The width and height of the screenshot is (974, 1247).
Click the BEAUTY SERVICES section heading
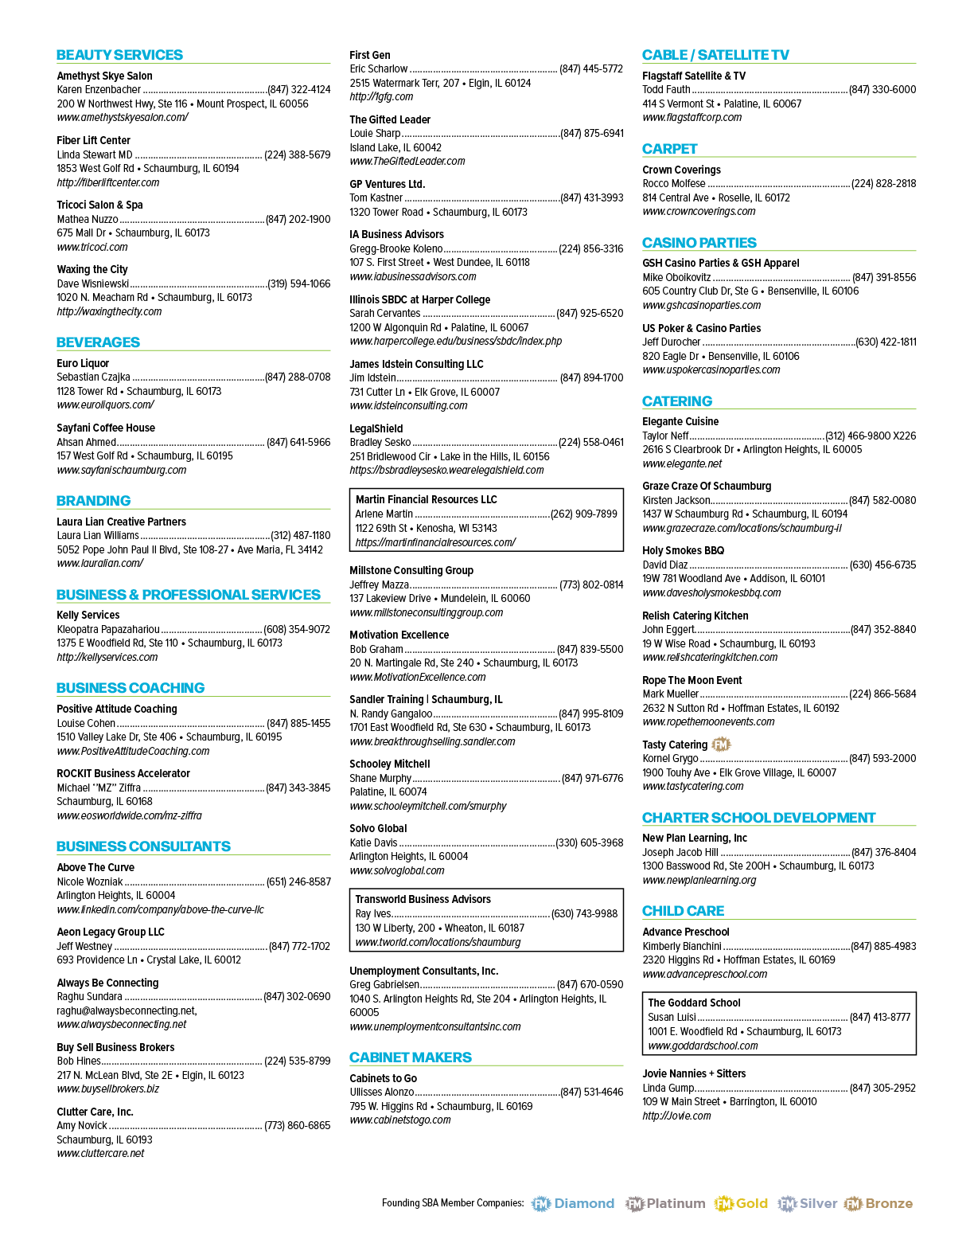point(119,55)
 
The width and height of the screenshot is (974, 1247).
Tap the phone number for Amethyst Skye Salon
point(299,89)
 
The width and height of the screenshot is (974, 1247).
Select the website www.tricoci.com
point(92,248)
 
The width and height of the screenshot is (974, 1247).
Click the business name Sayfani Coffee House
point(106,428)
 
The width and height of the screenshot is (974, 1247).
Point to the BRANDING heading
point(93,501)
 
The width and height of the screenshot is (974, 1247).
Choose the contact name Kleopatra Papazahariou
point(108,630)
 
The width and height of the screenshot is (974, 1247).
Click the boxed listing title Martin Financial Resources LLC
point(426,500)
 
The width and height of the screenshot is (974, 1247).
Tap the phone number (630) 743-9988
point(584,913)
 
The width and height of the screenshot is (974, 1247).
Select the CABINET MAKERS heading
point(411,1057)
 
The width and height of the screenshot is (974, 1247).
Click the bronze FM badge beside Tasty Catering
point(721,745)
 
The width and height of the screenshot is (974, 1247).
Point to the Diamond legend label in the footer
point(583,1204)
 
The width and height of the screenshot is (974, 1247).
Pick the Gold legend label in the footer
point(751,1204)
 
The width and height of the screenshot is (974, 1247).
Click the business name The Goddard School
point(694,1003)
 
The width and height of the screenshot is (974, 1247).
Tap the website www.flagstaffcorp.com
point(692,118)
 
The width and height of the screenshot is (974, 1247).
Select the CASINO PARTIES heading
point(699,243)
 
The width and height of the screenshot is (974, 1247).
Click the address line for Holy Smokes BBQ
point(733,579)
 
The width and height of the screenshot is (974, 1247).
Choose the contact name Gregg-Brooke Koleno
point(396,249)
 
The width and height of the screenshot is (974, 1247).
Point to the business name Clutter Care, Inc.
point(95,1112)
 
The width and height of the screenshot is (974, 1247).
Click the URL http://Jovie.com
point(676,1116)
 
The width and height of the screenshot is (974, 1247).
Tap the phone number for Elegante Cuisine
point(871,436)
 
